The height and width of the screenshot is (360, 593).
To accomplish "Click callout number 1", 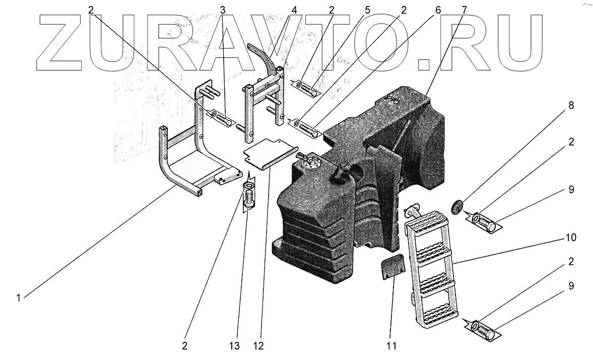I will tap(19, 298).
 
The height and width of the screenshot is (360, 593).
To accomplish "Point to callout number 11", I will tap(392, 346).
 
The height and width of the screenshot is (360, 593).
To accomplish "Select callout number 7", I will tap(464, 9).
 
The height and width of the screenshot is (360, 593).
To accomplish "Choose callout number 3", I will tap(222, 9).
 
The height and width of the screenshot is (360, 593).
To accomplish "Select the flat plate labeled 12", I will tap(272, 154).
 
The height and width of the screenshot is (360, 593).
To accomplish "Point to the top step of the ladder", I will tap(429, 222).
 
